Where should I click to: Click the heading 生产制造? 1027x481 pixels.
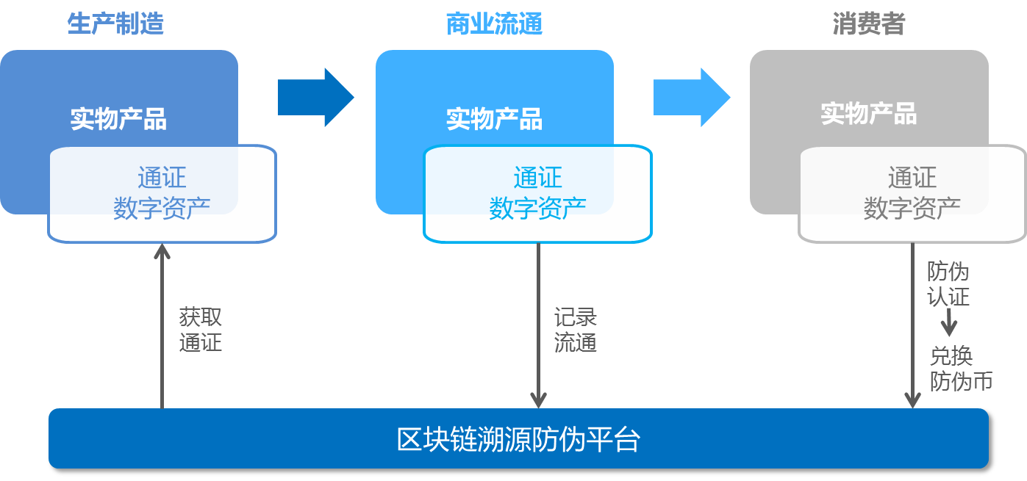[x=115, y=23]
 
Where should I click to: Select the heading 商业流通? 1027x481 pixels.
[x=494, y=23]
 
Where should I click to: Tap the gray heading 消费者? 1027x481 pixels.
[x=869, y=23]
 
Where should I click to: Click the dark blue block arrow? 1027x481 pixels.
[x=316, y=97]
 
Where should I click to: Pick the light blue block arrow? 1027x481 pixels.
[x=692, y=97]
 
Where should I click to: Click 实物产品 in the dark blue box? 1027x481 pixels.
[x=118, y=119]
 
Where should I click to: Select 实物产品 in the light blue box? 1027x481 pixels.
[x=494, y=119]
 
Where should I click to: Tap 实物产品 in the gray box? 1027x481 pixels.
[x=869, y=114]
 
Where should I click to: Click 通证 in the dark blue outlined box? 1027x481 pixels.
[x=162, y=178]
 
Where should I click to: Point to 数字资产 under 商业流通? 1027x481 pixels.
[x=538, y=209]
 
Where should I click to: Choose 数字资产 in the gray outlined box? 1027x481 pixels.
[x=912, y=209]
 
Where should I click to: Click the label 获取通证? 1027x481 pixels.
[x=201, y=330]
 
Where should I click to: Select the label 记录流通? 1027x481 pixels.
[x=576, y=330]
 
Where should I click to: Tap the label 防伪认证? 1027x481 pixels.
[x=948, y=284]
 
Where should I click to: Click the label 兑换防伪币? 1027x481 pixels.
[x=961, y=369]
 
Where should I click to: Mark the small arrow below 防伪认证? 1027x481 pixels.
[x=948, y=322]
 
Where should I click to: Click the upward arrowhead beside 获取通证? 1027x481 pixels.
[x=162, y=251]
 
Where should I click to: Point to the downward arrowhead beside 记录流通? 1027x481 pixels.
[x=538, y=400]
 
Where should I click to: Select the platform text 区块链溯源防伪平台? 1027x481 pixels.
[x=518, y=440]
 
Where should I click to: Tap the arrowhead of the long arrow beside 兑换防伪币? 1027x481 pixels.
[x=913, y=400]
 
